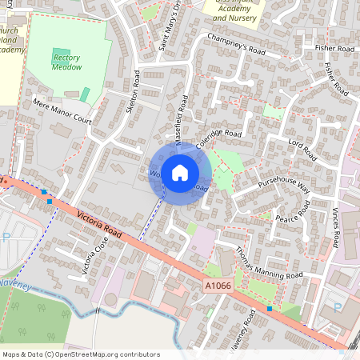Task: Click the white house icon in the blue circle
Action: point(180,172)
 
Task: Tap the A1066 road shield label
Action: point(216,286)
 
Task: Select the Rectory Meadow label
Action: point(67,62)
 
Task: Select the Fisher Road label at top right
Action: point(334,49)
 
